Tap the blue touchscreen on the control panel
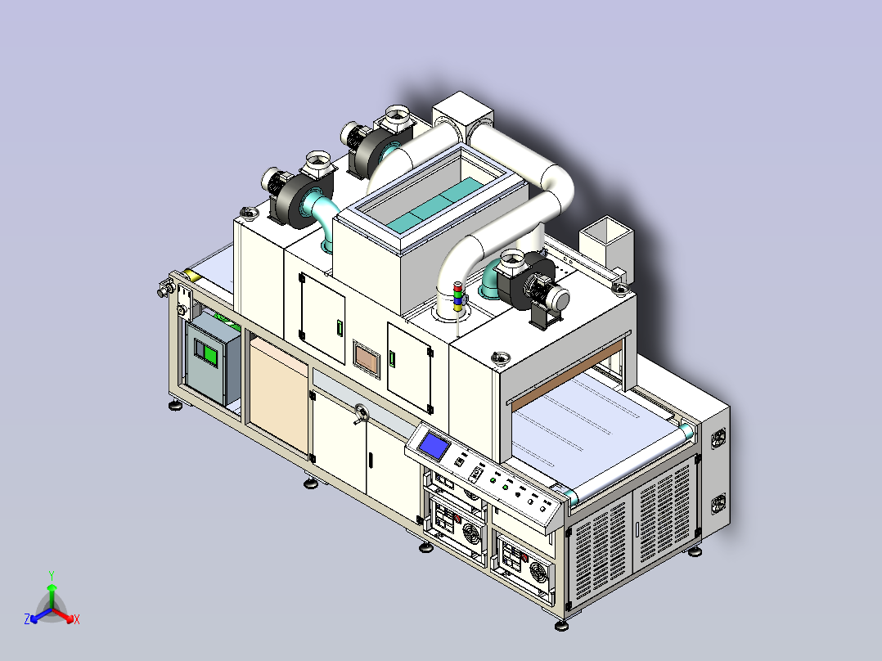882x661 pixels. (x=434, y=446)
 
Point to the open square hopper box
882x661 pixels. (x=606, y=237)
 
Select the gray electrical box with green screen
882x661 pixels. (x=212, y=358)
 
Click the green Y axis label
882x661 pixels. (x=51, y=575)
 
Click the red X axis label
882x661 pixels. (x=77, y=620)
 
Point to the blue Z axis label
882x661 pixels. (x=27, y=619)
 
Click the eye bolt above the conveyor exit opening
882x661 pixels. (x=500, y=357)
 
